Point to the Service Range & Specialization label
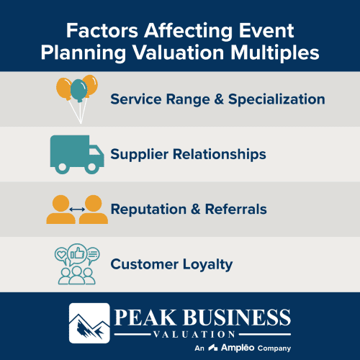tap(217, 99)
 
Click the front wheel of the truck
tap(91, 167)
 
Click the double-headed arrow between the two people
tap(76, 210)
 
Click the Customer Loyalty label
tap(171, 264)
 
